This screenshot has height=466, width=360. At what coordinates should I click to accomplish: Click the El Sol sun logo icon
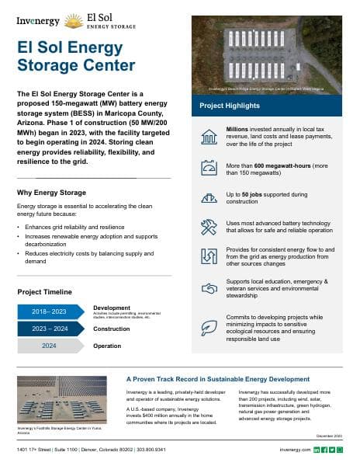coord(74,21)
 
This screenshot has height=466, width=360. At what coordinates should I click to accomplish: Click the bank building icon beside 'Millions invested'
coord(208,137)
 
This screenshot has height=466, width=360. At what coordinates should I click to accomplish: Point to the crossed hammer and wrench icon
coord(208,227)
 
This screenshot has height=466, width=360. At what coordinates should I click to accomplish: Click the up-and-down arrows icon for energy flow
coord(208,256)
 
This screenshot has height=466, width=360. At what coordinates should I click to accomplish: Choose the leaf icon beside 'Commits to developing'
coord(208,327)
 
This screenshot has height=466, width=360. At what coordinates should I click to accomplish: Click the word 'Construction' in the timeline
coord(111,329)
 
